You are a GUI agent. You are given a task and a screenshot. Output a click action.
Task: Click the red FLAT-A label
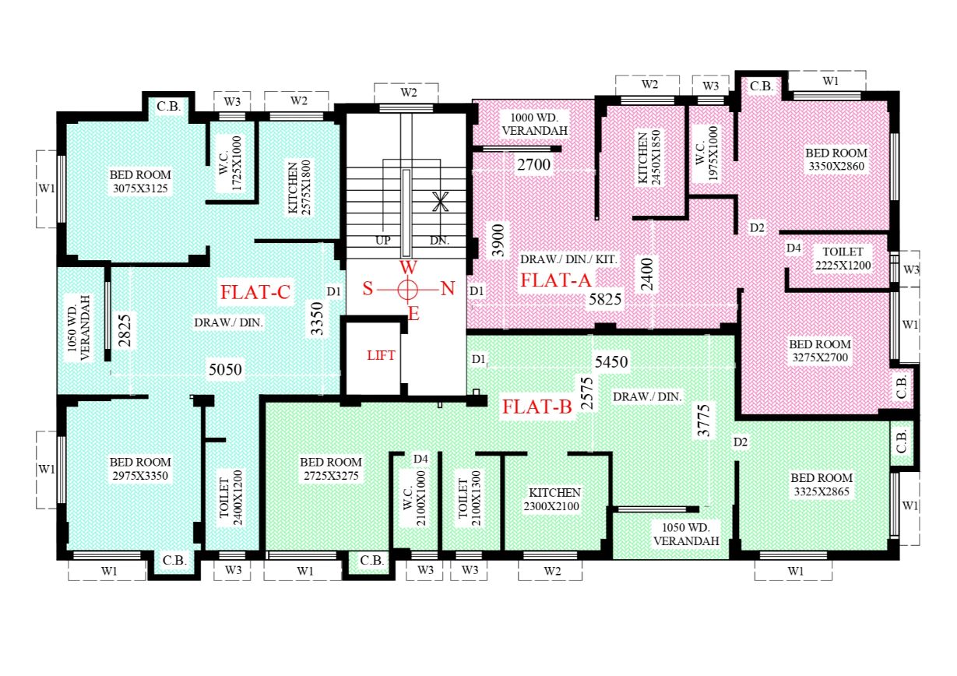point(556,280)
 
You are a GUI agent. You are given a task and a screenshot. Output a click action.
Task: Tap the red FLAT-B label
point(537,407)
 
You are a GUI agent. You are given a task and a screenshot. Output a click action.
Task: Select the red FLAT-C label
point(255,292)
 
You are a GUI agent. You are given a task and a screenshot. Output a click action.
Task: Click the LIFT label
point(381,355)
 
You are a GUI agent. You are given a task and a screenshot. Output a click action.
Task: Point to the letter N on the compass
point(447,289)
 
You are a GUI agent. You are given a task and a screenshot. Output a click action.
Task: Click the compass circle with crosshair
point(407,290)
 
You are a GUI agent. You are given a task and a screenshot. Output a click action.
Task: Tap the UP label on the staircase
point(383,241)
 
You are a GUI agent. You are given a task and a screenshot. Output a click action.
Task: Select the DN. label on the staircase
point(439,241)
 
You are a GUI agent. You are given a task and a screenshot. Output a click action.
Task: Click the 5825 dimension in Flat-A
point(605,299)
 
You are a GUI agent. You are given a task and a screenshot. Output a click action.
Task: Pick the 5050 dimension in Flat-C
point(225,369)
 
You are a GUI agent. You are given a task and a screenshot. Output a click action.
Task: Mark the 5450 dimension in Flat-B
point(611,362)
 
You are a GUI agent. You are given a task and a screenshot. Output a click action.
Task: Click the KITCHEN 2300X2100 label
point(552,499)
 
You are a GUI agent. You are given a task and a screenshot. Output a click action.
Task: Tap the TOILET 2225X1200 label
point(843,259)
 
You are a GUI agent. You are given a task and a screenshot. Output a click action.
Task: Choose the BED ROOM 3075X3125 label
point(140,181)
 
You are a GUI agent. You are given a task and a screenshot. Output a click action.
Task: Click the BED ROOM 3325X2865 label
point(822,484)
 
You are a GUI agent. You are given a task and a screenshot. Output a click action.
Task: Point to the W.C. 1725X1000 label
point(230,164)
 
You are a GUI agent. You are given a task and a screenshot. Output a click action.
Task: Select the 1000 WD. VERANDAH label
point(534,124)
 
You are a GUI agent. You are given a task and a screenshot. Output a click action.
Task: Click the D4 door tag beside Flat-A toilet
point(793,248)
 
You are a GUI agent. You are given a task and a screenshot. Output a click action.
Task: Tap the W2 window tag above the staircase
point(409,93)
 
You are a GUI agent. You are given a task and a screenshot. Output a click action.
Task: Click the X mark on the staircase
point(440,202)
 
